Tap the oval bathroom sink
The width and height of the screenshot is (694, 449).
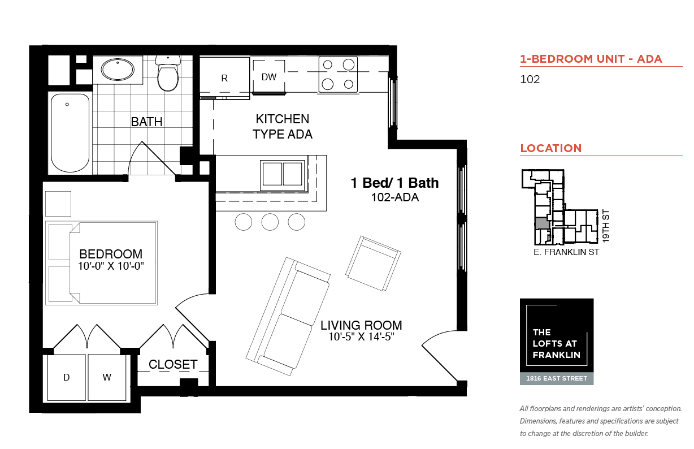point(118,70)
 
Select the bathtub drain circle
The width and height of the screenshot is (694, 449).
point(67,105)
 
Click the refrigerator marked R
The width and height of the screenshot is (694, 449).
point(224,77)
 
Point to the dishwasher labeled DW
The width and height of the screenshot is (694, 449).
point(268,76)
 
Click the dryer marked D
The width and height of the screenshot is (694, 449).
point(66,377)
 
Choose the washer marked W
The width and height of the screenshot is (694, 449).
point(107,377)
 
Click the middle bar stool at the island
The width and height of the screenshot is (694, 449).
point(270,222)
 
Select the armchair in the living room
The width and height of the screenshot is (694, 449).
point(374,264)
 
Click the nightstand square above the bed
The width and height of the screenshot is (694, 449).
point(58,204)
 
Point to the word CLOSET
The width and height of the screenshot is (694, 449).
point(173,364)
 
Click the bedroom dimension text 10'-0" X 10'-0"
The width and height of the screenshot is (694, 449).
point(111,266)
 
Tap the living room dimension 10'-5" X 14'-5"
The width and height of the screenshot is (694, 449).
point(361,336)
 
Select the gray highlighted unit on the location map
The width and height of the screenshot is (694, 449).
point(541,223)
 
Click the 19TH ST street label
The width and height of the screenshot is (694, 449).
point(606,226)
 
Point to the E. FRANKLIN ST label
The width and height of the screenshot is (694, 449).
point(566,252)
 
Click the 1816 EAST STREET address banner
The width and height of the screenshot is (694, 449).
point(557,378)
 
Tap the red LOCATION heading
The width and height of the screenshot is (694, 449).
point(551,148)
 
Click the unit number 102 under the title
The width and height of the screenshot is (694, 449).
point(530,79)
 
